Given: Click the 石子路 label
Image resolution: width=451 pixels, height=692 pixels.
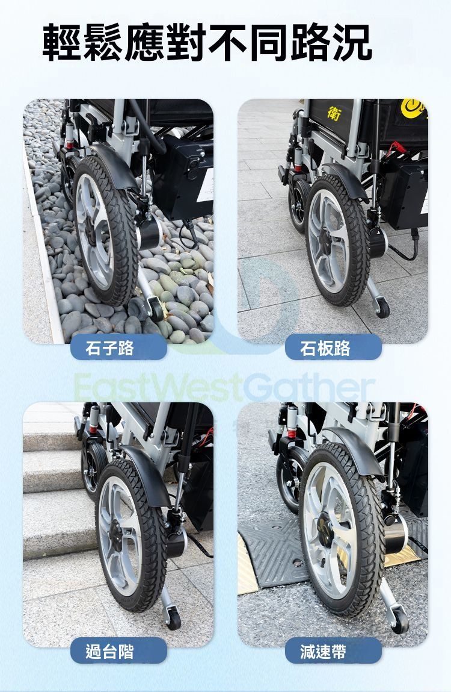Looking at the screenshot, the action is click(x=109, y=348).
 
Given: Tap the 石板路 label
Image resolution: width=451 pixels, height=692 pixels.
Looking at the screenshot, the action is click(x=325, y=348).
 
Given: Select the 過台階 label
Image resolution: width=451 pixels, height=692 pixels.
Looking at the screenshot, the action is click(x=109, y=652).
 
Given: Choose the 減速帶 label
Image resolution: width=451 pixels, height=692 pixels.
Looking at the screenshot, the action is click(x=323, y=652).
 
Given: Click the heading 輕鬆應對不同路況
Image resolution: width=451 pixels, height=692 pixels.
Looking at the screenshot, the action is click(x=207, y=43).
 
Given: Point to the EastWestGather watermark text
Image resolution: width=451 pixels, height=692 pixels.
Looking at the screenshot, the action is click(x=224, y=387).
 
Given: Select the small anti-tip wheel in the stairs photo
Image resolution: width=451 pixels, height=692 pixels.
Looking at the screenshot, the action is click(x=174, y=618).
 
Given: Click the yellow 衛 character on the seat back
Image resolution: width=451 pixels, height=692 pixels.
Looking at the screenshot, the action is click(x=334, y=113).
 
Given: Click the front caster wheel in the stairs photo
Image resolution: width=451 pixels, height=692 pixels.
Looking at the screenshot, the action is click(x=93, y=470).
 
